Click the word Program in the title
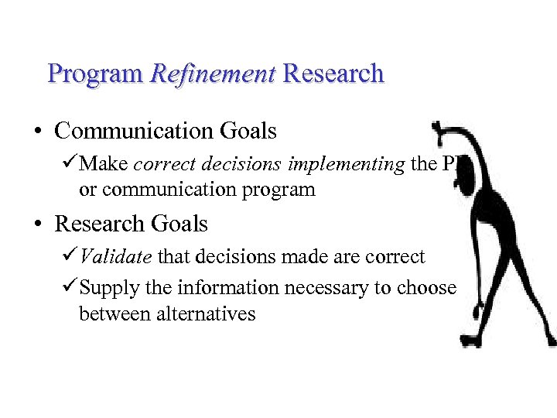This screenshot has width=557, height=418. pyautogui.click(x=95, y=74)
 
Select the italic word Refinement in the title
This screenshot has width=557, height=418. pyautogui.click(x=213, y=74)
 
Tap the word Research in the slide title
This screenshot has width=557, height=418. pyautogui.click(x=333, y=74)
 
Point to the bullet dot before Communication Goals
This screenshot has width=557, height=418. pyautogui.click(x=38, y=132)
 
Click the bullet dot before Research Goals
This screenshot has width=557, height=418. pyautogui.click(x=38, y=224)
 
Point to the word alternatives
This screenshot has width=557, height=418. pyautogui.click(x=206, y=314)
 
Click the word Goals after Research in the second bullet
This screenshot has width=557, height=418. pyautogui.click(x=180, y=224)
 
